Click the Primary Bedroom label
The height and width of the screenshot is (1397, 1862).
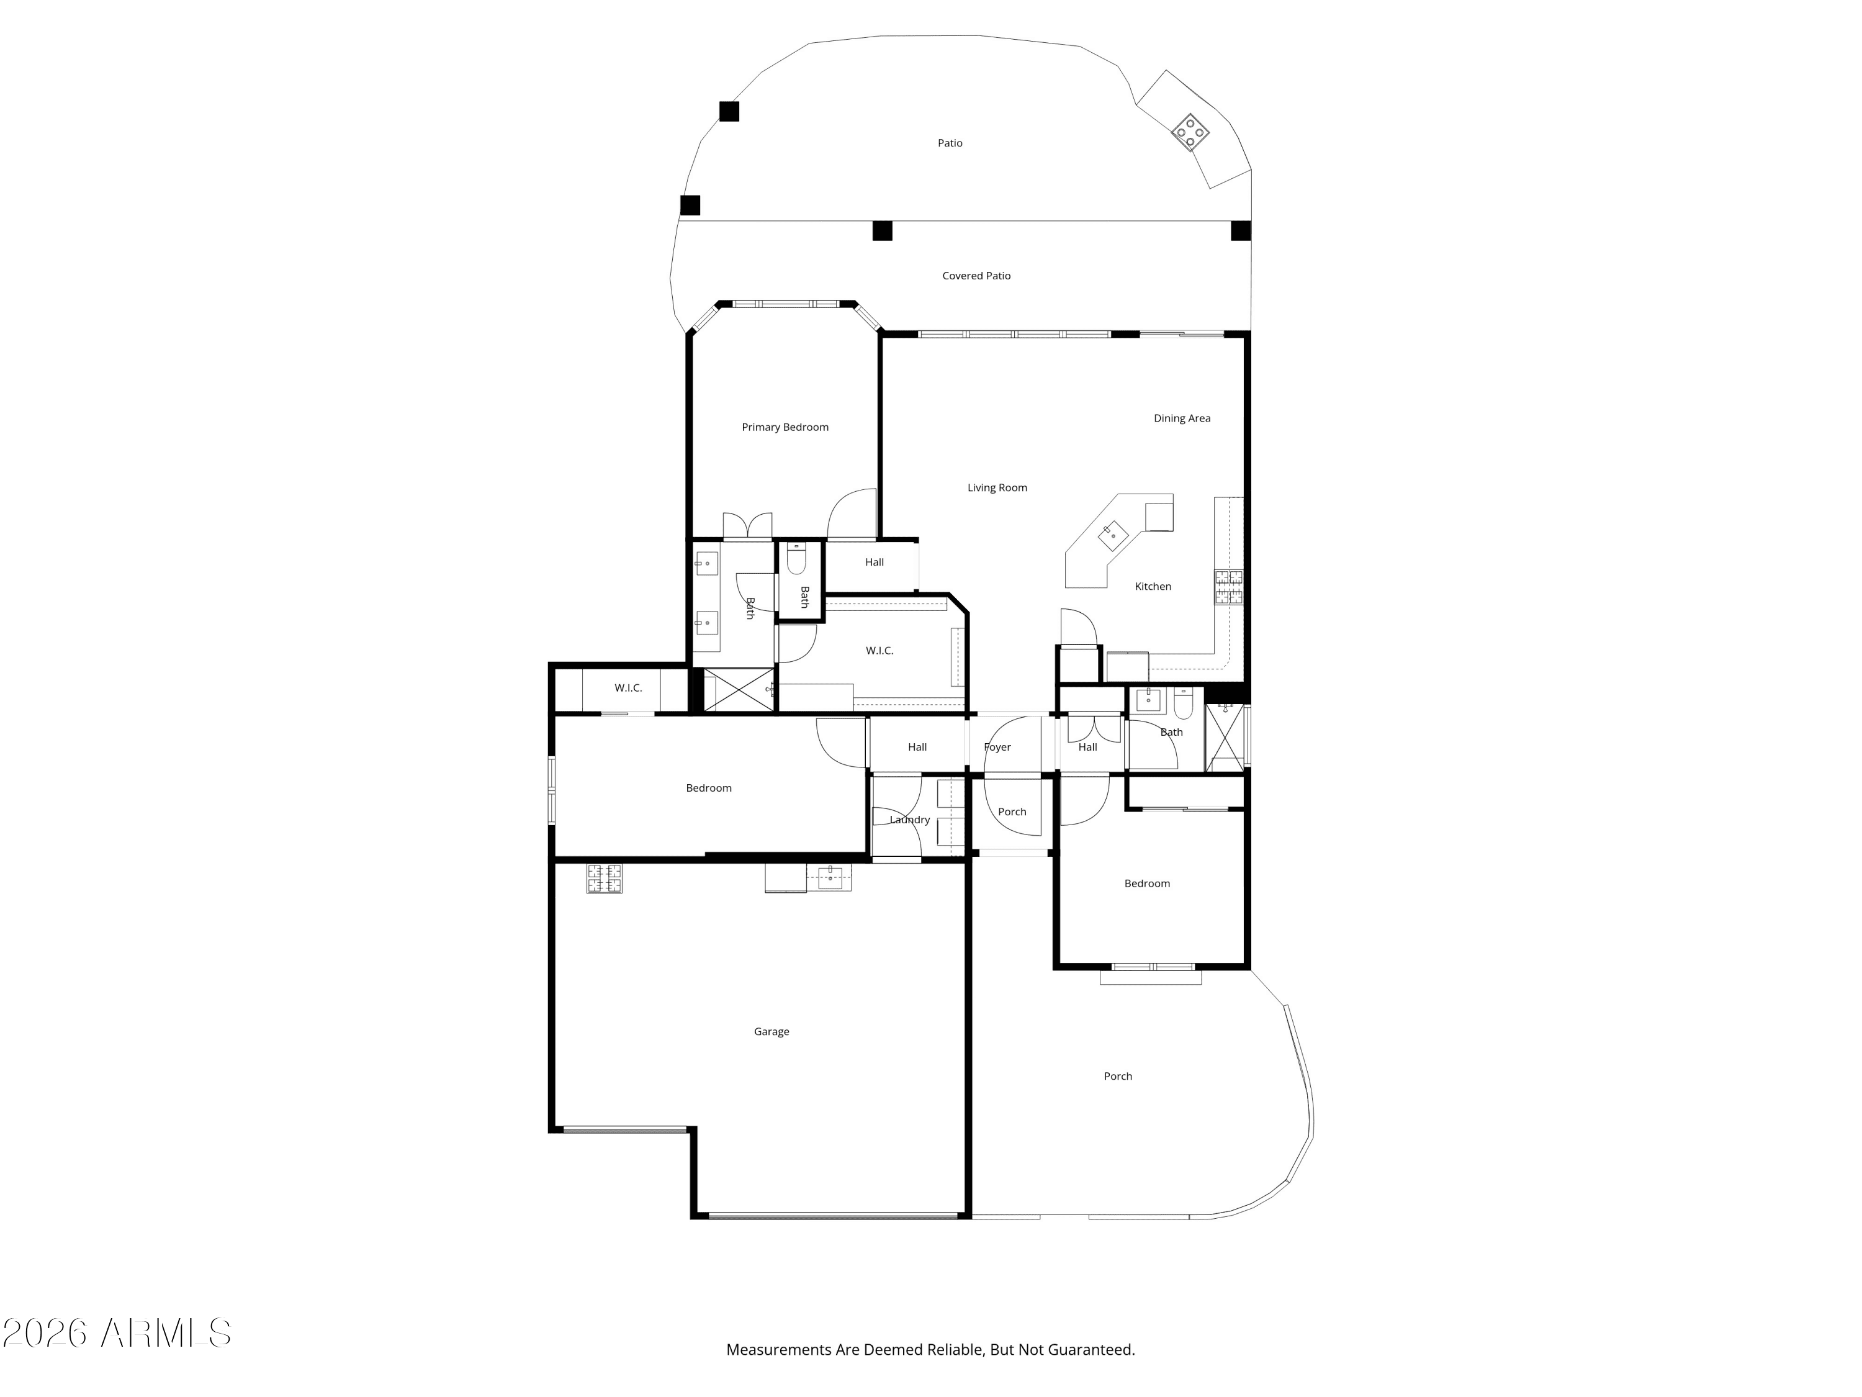tap(785, 427)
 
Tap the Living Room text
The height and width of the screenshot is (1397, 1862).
tap(997, 487)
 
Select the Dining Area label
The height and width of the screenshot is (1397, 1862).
tap(1182, 418)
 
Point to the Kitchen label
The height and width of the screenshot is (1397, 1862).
tap(1153, 586)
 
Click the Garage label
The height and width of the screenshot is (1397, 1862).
tap(771, 1031)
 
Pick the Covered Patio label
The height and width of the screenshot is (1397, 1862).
tap(976, 275)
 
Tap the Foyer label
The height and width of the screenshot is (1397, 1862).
tap(997, 747)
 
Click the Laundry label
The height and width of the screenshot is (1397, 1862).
tap(909, 820)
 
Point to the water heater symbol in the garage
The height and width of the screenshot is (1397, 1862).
tap(605, 879)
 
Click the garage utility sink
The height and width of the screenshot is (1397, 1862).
tap(830, 877)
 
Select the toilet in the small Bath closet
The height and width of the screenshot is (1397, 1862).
tap(796, 558)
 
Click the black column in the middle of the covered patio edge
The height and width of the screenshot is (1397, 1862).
tap(882, 231)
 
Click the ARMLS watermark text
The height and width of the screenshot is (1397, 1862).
tap(117, 1334)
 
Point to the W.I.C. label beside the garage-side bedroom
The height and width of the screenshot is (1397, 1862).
tap(628, 688)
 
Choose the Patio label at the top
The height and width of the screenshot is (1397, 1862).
tap(950, 143)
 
